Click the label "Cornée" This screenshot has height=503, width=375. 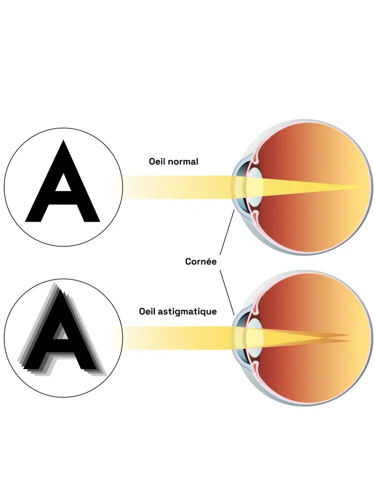[202, 262]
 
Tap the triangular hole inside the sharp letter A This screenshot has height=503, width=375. [62, 182]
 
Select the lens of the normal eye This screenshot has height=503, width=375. [255, 186]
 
